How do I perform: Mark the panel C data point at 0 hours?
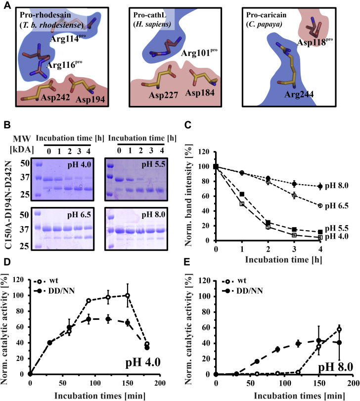click(x=216, y=166)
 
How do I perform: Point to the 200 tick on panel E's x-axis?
click(x=352, y=384)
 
